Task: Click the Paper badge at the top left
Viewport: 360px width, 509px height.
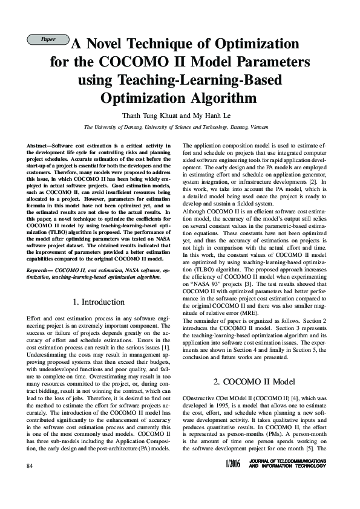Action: pyautogui.click(x=47, y=39)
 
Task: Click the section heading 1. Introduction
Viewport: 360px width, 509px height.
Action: pyautogui.click(x=99, y=301)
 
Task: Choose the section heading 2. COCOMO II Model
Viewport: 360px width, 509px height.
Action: pyautogui.click(x=253, y=382)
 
